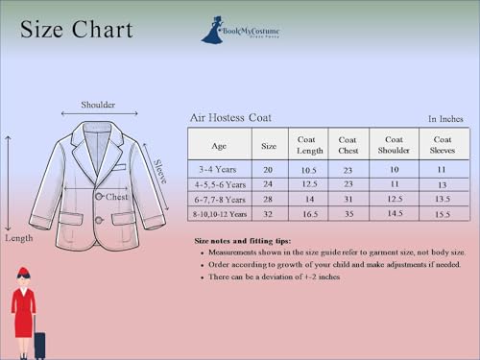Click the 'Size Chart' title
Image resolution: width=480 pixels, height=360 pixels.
(x=77, y=30)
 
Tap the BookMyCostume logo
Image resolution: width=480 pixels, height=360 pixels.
(x=242, y=30)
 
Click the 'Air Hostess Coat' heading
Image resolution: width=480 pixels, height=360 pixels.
(x=230, y=118)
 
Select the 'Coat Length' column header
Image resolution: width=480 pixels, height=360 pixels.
(x=308, y=145)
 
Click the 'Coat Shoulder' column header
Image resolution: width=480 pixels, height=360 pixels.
(x=394, y=145)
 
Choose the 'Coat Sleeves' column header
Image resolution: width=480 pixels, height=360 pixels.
(x=442, y=145)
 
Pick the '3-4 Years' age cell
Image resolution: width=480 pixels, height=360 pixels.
(x=219, y=168)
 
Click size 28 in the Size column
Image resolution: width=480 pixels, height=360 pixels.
(x=270, y=199)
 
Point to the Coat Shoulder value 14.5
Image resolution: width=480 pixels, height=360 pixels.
(x=394, y=214)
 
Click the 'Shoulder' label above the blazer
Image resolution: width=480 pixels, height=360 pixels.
(x=98, y=105)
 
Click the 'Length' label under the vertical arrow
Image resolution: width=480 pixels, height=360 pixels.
(x=18, y=237)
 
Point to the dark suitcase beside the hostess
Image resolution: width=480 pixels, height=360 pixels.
(x=39, y=343)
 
